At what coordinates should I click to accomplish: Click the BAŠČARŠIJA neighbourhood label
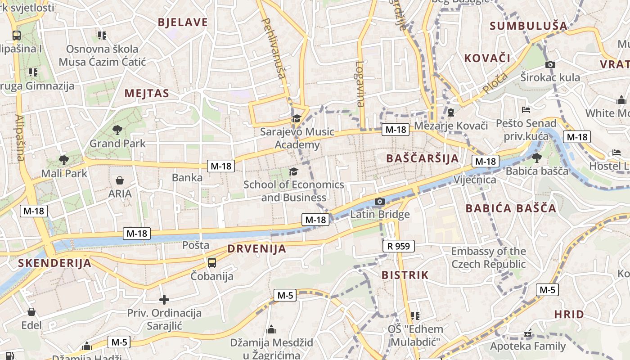click(x=423, y=158)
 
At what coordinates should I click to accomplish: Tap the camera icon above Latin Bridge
click(x=380, y=201)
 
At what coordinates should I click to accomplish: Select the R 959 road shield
click(x=398, y=246)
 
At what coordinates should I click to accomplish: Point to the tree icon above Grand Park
click(x=117, y=130)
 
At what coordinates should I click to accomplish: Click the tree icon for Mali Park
click(x=63, y=160)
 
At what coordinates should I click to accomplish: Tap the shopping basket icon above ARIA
click(x=120, y=180)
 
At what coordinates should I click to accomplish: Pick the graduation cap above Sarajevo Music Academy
click(x=296, y=119)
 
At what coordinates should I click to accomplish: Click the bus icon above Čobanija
click(x=211, y=262)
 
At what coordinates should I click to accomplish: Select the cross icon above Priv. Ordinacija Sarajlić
click(x=164, y=299)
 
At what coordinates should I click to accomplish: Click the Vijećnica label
click(x=475, y=180)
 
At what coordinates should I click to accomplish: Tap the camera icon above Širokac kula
click(x=550, y=64)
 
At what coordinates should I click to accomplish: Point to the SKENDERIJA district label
click(x=54, y=263)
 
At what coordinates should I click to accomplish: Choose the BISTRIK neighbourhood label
click(x=405, y=275)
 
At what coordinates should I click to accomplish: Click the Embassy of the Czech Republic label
click(x=488, y=257)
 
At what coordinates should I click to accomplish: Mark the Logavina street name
click(x=360, y=84)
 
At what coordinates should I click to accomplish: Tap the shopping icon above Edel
click(x=31, y=312)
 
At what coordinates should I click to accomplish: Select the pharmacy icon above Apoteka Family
click(x=527, y=334)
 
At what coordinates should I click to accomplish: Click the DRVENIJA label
click(x=256, y=248)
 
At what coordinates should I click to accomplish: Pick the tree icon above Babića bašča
click(x=536, y=157)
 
